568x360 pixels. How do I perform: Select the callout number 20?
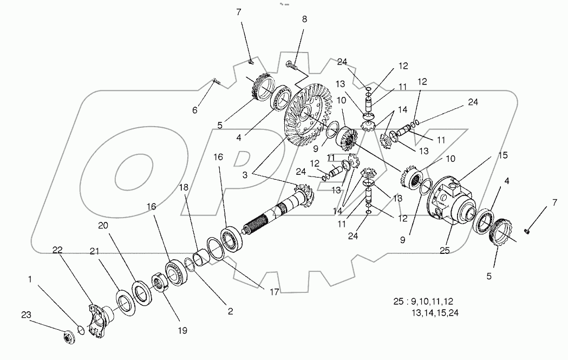click(103, 225)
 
